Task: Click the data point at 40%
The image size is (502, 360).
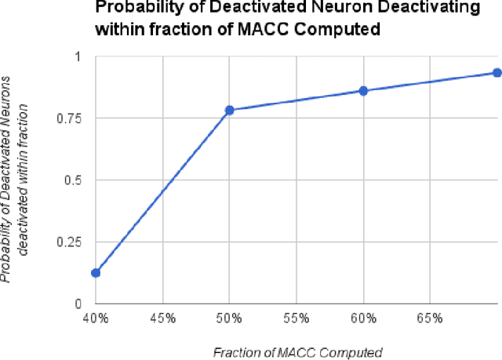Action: coord(95,273)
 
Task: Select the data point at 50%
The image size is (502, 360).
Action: coord(229,110)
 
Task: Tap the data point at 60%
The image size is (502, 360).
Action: coord(363,90)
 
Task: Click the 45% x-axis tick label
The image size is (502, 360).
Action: coord(162,318)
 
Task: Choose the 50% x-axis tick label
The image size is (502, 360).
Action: coord(229,318)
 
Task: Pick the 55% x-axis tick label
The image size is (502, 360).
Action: coord(296,318)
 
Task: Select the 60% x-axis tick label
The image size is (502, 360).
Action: coord(363,318)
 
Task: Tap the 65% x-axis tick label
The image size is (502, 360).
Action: coord(430,318)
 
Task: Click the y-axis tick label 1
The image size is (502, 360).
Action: coord(76,57)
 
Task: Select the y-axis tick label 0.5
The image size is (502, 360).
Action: coord(71,180)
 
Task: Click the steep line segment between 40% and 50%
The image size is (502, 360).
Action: coord(162,191)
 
